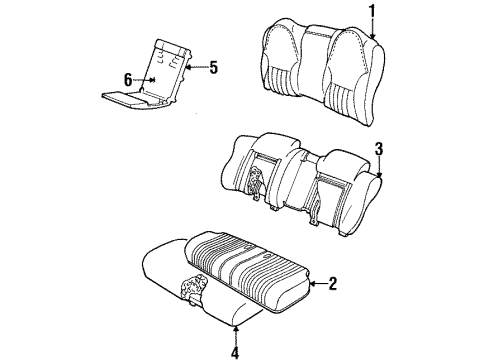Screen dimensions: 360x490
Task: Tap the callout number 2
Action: point(332,285)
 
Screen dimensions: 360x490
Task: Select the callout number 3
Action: point(379,150)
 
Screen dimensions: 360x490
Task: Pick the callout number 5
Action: point(211,68)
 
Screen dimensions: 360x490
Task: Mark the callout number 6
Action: point(128,78)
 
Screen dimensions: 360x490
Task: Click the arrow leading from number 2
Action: point(315,285)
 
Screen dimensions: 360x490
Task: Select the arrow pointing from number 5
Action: point(194,68)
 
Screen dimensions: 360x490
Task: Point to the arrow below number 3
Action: point(379,170)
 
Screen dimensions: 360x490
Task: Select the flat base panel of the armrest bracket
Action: point(125,98)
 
